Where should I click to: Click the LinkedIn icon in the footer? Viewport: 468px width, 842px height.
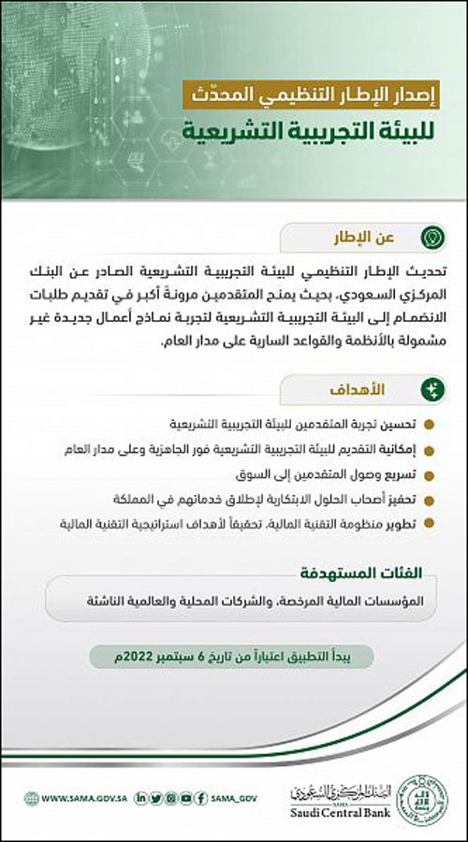140,798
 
